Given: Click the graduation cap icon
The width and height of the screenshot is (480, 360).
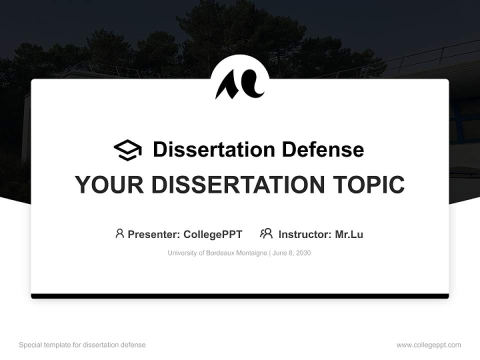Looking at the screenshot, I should (127, 150).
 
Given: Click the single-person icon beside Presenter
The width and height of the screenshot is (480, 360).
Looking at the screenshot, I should (119, 233).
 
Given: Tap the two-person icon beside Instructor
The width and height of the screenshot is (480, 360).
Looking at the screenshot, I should (266, 233).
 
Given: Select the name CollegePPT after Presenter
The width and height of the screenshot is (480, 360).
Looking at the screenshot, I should (212, 234).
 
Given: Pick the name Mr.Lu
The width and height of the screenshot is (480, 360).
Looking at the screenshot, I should (349, 234).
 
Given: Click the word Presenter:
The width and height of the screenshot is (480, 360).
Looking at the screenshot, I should (154, 234).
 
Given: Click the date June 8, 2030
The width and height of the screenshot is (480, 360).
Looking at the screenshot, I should (292, 253).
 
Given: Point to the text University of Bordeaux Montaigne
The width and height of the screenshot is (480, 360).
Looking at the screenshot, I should (217, 253).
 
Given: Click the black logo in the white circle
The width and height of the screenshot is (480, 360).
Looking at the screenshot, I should (239, 83).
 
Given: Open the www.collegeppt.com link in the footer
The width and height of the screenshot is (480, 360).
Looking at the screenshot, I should (428, 345).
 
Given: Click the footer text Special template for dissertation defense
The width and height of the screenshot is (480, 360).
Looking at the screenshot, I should (82, 345).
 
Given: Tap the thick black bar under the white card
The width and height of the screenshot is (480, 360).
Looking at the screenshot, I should (240, 296).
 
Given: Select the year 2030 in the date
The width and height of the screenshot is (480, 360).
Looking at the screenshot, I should (303, 253).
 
